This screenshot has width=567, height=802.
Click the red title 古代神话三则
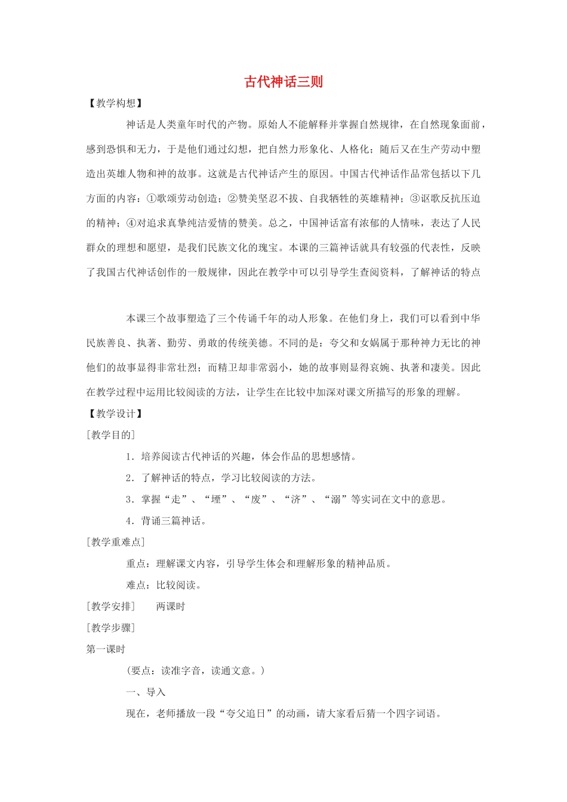coord(283,82)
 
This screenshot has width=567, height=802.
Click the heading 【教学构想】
coord(115,103)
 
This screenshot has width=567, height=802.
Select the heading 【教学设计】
coord(115,414)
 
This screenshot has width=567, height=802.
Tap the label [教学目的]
coord(111,435)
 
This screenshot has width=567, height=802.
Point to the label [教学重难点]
coord(116,542)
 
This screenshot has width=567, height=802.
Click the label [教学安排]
coord(111,607)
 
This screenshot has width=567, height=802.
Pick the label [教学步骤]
coord(111,628)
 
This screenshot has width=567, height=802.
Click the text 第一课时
coord(106,649)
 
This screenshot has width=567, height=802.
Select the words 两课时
coord(171,607)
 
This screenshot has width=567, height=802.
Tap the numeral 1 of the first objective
coord(129,457)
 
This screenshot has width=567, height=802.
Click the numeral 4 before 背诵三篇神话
coord(129,521)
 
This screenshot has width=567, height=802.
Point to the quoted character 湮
coord(216,499)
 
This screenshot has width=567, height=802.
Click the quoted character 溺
coord(335,499)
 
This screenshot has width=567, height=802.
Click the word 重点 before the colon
coord(136,564)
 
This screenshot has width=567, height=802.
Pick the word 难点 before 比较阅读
coord(136,585)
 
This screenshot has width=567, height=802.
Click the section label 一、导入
coord(146,692)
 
